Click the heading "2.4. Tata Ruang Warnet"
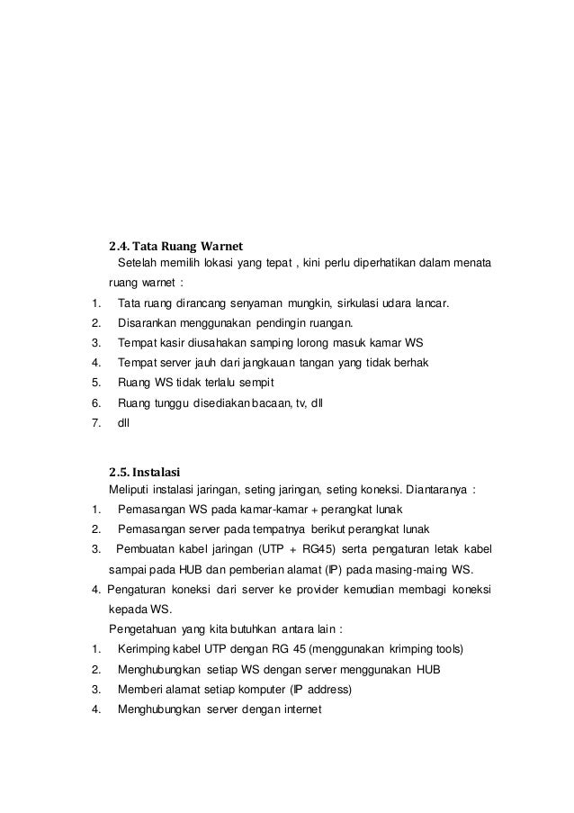coord(176,245)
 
